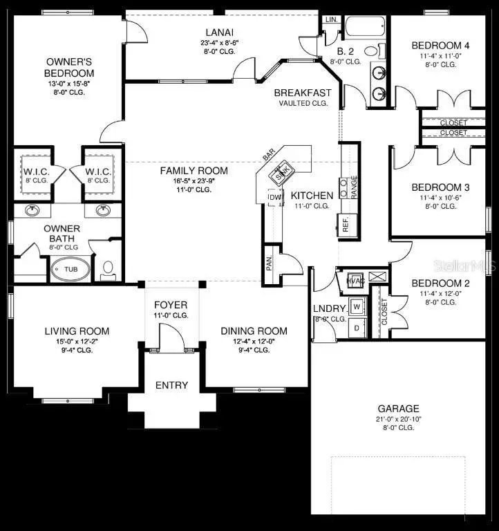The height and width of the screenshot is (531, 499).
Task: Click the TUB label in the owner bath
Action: pos(70,269)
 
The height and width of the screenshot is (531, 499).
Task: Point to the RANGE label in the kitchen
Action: pos(354,187)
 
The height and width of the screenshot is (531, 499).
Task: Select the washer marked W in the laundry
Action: pos(357,305)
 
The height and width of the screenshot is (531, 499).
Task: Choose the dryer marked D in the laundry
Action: pos(357,328)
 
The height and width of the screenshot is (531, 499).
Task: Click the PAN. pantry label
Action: pos(270,263)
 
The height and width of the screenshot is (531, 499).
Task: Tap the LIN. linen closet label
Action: pos(332,19)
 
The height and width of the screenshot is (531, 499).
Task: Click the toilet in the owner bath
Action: pos(107,268)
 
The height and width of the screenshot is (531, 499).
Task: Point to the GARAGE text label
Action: pos(398,409)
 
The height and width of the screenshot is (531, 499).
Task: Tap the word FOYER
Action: pos(170,305)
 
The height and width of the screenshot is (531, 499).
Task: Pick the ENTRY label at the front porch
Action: pos(171,385)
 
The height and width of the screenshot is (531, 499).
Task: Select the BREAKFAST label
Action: pos(303,93)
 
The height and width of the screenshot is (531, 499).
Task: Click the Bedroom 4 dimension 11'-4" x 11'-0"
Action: pos(439,55)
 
